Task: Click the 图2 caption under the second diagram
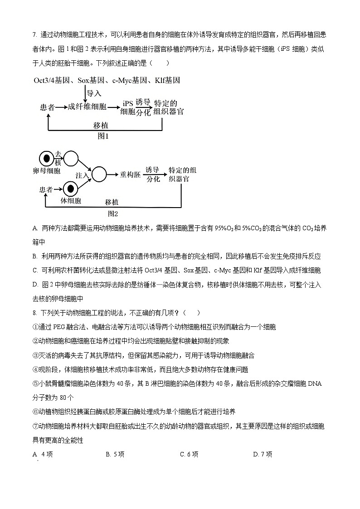pyautogui.click(x=112, y=213)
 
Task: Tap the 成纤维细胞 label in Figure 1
pyautogui.click(x=87, y=107)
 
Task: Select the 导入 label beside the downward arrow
pyautogui.click(x=94, y=93)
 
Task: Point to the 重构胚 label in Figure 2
pyautogui.click(x=130, y=175)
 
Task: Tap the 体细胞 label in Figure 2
pyautogui.click(x=71, y=201)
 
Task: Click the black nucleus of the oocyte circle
pyautogui.click(x=46, y=159)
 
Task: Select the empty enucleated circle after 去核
pyautogui.click(x=71, y=159)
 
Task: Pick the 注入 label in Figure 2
pyautogui.click(x=82, y=175)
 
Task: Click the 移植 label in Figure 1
pyautogui.click(x=100, y=125)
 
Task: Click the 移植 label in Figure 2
pyautogui.click(x=112, y=202)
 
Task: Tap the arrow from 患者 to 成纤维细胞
pyautogui.click(x=62, y=107)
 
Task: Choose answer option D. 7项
pyautogui.click(x=263, y=454)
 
